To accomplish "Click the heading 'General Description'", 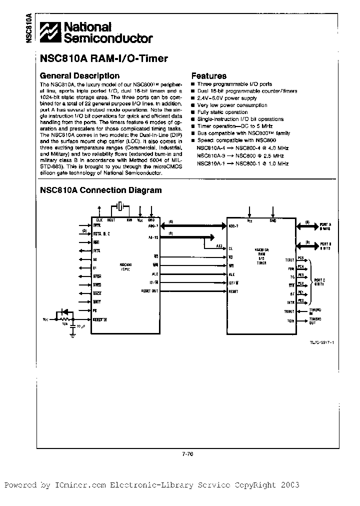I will coord(79,76).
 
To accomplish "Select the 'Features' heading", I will coord(209,76).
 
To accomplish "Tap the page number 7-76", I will coord(187,453).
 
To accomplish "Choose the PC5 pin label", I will coord(301,258).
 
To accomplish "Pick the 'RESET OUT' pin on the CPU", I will coord(150,291).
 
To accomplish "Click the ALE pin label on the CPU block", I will coord(155,274).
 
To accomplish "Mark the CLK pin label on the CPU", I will coord(99,219).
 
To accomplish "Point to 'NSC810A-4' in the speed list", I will coord(208,148).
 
